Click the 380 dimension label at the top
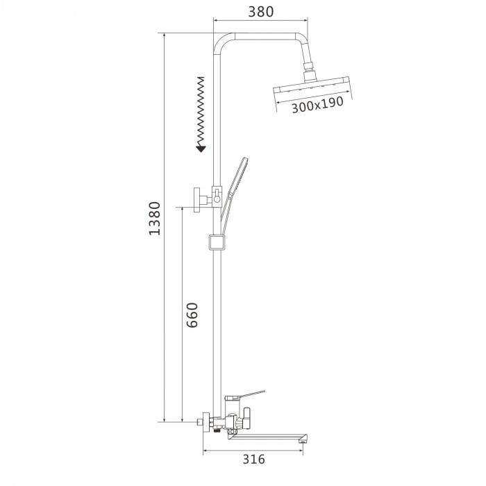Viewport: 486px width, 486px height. click(261, 12)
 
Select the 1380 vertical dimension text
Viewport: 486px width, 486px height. click(154, 218)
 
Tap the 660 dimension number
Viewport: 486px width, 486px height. click(192, 315)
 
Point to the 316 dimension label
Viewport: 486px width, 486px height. click(253, 459)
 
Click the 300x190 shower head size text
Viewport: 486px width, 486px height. click(317, 105)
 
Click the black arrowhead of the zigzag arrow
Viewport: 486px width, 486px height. click(201, 149)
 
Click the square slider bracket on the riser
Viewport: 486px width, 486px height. click(217, 242)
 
